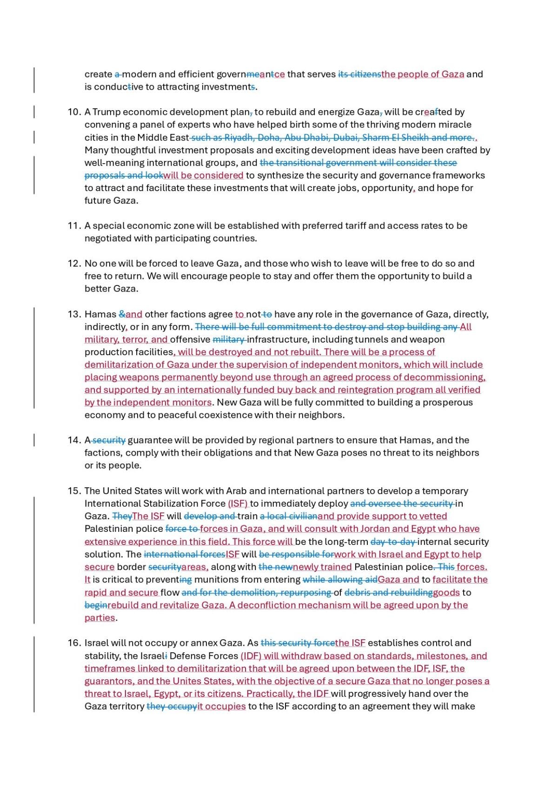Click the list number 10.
coord(74,112)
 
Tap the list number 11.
coord(74,226)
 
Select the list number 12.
coord(74,264)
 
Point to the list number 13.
coord(74,314)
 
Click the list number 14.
coord(74,440)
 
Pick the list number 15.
coord(74,491)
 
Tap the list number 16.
coord(74,643)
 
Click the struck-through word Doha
coord(268,138)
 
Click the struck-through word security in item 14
coord(109,440)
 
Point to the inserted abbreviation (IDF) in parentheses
coord(251,656)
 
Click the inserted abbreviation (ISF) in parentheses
coord(238,504)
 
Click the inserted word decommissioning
coord(444,378)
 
